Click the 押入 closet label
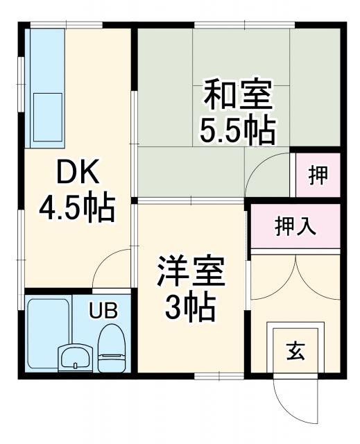point(295,226)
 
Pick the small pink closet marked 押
point(318,176)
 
